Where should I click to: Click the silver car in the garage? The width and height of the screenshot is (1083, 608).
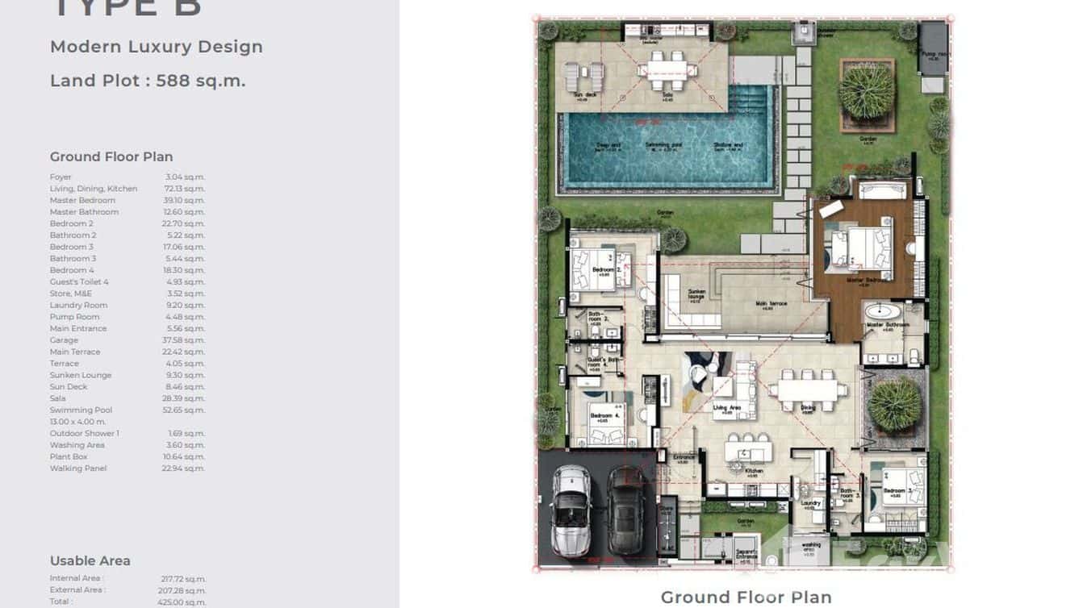pyautogui.click(x=571, y=510)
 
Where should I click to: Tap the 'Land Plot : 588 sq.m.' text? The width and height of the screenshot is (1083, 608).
pyautogui.click(x=148, y=81)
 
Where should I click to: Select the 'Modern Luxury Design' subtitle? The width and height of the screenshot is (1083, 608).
pyautogui.click(x=157, y=47)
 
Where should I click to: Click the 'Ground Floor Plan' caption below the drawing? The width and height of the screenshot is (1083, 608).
pyautogui.click(x=746, y=597)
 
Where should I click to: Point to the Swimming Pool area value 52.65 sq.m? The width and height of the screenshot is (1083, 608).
pyautogui.click(x=184, y=410)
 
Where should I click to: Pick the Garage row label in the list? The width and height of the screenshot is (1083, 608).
pyautogui.click(x=65, y=340)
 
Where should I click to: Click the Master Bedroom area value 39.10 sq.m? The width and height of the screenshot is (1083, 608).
pyautogui.click(x=184, y=200)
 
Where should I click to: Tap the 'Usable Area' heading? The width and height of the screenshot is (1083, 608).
pyautogui.click(x=90, y=560)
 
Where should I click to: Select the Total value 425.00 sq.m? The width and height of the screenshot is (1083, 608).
pyautogui.click(x=184, y=602)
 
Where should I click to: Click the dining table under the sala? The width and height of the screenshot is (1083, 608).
pyautogui.click(x=667, y=70)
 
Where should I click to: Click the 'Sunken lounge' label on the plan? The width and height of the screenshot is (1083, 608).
pyautogui.click(x=695, y=295)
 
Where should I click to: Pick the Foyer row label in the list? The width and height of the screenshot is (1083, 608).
pyautogui.click(x=61, y=177)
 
